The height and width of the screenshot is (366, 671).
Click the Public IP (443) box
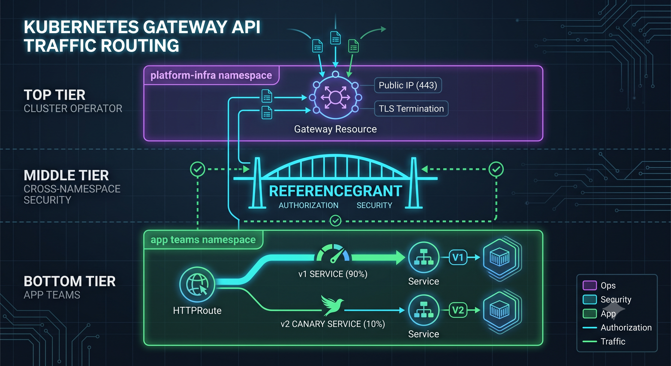tap(408, 85)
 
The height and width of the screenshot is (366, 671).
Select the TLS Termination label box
tap(411, 108)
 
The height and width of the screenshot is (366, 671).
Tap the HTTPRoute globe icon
tap(197, 285)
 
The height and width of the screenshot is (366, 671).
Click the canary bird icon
tap(332, 305)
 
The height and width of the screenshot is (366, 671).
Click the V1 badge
tap(458, 257)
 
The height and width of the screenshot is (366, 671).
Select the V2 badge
tap(458, 310)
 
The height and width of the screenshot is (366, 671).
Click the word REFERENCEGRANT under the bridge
tap(335, 191)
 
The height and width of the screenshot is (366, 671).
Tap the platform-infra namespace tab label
tap(211, 75)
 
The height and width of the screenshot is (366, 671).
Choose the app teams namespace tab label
tap(203, 240)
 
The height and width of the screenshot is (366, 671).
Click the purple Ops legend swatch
tap(590, 285)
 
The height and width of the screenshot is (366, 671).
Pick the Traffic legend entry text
tap(613, 341)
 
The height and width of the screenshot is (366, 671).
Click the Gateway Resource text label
tap(335, 129)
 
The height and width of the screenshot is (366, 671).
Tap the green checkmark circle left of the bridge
tap(198, 169)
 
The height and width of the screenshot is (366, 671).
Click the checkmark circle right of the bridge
tap(496, 169)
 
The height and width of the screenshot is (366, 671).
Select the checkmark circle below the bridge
tap(335, 221)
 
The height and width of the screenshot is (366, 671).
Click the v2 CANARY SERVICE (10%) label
tap(333, 324)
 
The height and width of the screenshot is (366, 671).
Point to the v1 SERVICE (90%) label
tap(333, 274)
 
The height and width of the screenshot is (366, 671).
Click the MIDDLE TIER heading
tap(66, 175)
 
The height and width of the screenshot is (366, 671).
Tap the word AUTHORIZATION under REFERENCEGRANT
tap(308, 205)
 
